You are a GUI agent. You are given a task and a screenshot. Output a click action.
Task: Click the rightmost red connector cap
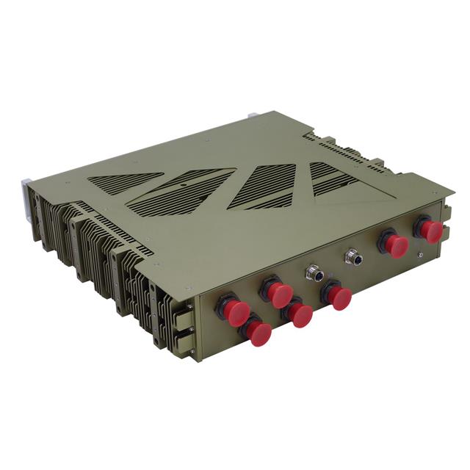430,231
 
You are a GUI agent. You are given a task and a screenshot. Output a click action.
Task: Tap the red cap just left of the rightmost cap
395,245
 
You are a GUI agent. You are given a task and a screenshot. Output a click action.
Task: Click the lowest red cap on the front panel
258,331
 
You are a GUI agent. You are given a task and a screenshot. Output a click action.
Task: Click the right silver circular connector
353,258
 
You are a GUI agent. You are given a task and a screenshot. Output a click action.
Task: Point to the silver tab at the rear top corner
253,115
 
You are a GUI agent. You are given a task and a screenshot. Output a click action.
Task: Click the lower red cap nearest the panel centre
300,314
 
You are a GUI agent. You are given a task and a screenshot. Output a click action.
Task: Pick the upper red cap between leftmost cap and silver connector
278,293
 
